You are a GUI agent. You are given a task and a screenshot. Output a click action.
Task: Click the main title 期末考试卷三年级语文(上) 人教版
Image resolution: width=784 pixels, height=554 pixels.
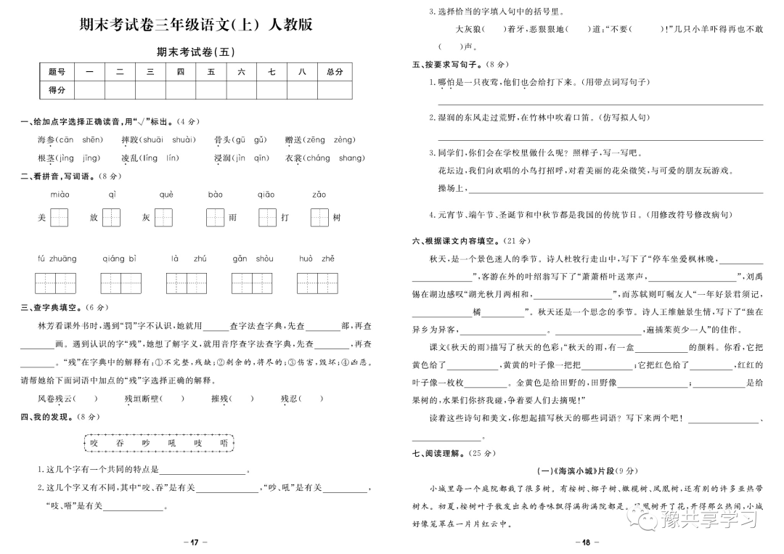[196, 24]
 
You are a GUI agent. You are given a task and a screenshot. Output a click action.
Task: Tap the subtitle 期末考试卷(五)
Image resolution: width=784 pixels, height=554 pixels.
[196, 52]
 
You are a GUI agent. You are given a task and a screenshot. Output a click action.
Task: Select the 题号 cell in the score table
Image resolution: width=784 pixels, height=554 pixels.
[57, 71]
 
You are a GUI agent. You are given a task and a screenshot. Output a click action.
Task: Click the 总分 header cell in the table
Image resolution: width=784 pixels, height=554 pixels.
[334, 71]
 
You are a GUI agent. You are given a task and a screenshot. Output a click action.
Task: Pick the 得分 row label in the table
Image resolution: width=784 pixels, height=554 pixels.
[57, 90]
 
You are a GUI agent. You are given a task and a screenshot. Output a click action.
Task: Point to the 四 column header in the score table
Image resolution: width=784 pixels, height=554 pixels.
[181, 71]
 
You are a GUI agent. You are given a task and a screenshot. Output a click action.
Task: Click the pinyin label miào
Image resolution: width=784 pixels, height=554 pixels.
[60, 195]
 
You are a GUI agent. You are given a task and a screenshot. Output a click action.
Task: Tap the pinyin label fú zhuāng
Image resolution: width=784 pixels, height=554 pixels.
[57, 258]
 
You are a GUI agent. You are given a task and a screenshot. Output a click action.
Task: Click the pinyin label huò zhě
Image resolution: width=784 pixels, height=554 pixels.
[317, 258]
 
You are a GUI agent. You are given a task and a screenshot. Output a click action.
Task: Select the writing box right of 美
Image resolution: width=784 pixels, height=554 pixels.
[60, 217]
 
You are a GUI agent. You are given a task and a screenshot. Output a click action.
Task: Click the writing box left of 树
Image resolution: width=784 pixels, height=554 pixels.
[319, 217]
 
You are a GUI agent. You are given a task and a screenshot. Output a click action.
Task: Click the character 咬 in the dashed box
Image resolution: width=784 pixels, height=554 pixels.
[93, 442]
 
